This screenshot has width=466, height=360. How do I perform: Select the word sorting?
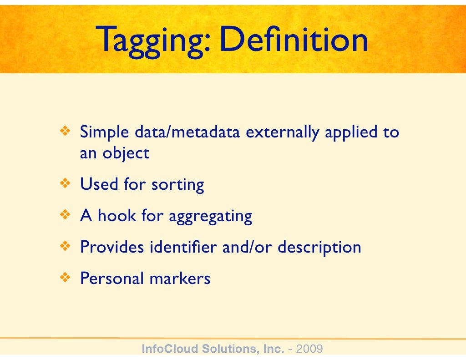177,185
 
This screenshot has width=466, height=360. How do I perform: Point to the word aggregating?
210,217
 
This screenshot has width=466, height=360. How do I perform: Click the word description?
319,248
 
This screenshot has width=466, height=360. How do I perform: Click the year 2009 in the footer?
309,350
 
